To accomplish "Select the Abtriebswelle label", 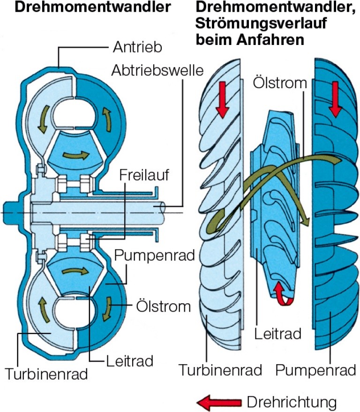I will [x=157, y=71].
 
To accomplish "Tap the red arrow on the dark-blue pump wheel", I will [x=335, y=104].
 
